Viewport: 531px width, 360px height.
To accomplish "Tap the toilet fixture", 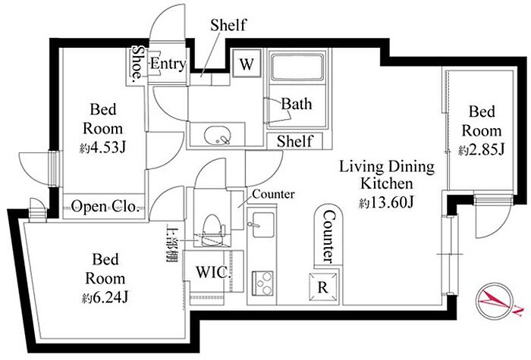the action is point(212,230).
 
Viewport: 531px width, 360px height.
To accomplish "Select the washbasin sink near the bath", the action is point(218,136).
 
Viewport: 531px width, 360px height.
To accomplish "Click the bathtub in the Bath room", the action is point(297,67).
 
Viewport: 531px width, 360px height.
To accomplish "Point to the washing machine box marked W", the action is point(247,64).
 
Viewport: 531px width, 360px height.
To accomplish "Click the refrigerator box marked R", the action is point(323,287).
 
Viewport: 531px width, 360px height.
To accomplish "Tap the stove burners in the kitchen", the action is point(262,283).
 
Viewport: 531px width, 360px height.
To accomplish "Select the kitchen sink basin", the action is point(262,225).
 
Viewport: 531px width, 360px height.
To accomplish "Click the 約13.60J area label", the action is point(386,202).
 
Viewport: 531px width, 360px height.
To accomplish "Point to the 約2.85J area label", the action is point(482,149).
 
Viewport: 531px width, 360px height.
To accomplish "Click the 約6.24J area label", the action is point(105,297).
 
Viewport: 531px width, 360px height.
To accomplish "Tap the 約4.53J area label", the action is point(103,148).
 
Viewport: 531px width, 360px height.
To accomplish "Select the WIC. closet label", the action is point(212,272).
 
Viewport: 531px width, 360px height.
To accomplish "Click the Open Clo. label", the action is point(105,206).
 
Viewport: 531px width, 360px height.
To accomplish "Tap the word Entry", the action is point(168,63).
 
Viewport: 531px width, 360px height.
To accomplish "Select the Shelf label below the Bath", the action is point(294,141).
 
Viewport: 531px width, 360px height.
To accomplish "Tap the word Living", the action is point(362,167).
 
